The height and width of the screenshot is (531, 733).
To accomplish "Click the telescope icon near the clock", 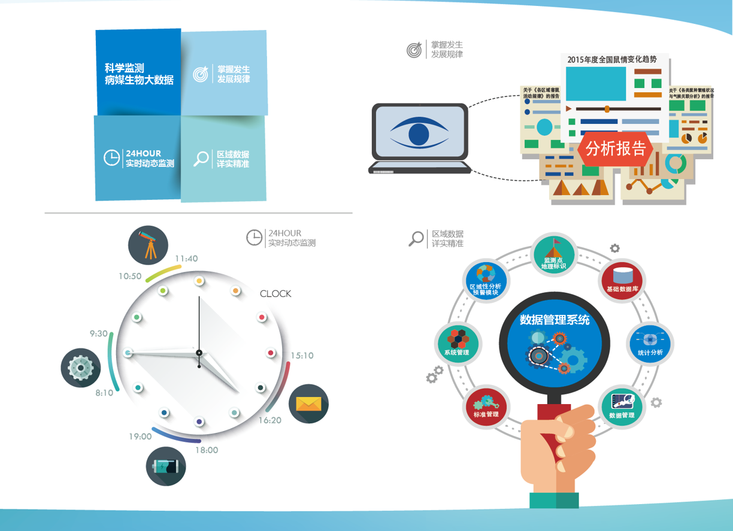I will click(x=148, y=245).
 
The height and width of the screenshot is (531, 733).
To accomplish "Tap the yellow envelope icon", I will click(x=308, y=403).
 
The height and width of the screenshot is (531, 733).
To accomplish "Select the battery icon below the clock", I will click(x=166, y=466).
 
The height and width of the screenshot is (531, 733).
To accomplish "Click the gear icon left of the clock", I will click(x=81, y=367).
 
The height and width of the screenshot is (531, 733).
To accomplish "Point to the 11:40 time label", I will click(x=186, y=259).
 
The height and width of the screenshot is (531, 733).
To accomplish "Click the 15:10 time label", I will click(x=302, y=356).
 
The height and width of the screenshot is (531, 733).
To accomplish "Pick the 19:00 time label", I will click(x=140, y=436).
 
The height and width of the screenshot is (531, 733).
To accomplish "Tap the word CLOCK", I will click(x=275, y=294).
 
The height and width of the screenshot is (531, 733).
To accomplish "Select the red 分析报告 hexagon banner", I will click(x=615, y=148).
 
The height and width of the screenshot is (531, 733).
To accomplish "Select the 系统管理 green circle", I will click(x=457, y=343).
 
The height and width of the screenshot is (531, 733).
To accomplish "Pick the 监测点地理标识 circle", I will click(x=553, y=254).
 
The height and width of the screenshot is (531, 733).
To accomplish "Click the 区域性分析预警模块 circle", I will click(x=486, y=280).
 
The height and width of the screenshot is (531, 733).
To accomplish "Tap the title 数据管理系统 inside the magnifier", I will click(x=555, y=320).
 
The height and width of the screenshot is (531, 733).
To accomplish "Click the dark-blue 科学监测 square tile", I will click(x=138, y=72).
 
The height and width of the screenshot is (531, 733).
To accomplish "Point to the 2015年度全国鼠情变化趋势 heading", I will click(x=611, y=59).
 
